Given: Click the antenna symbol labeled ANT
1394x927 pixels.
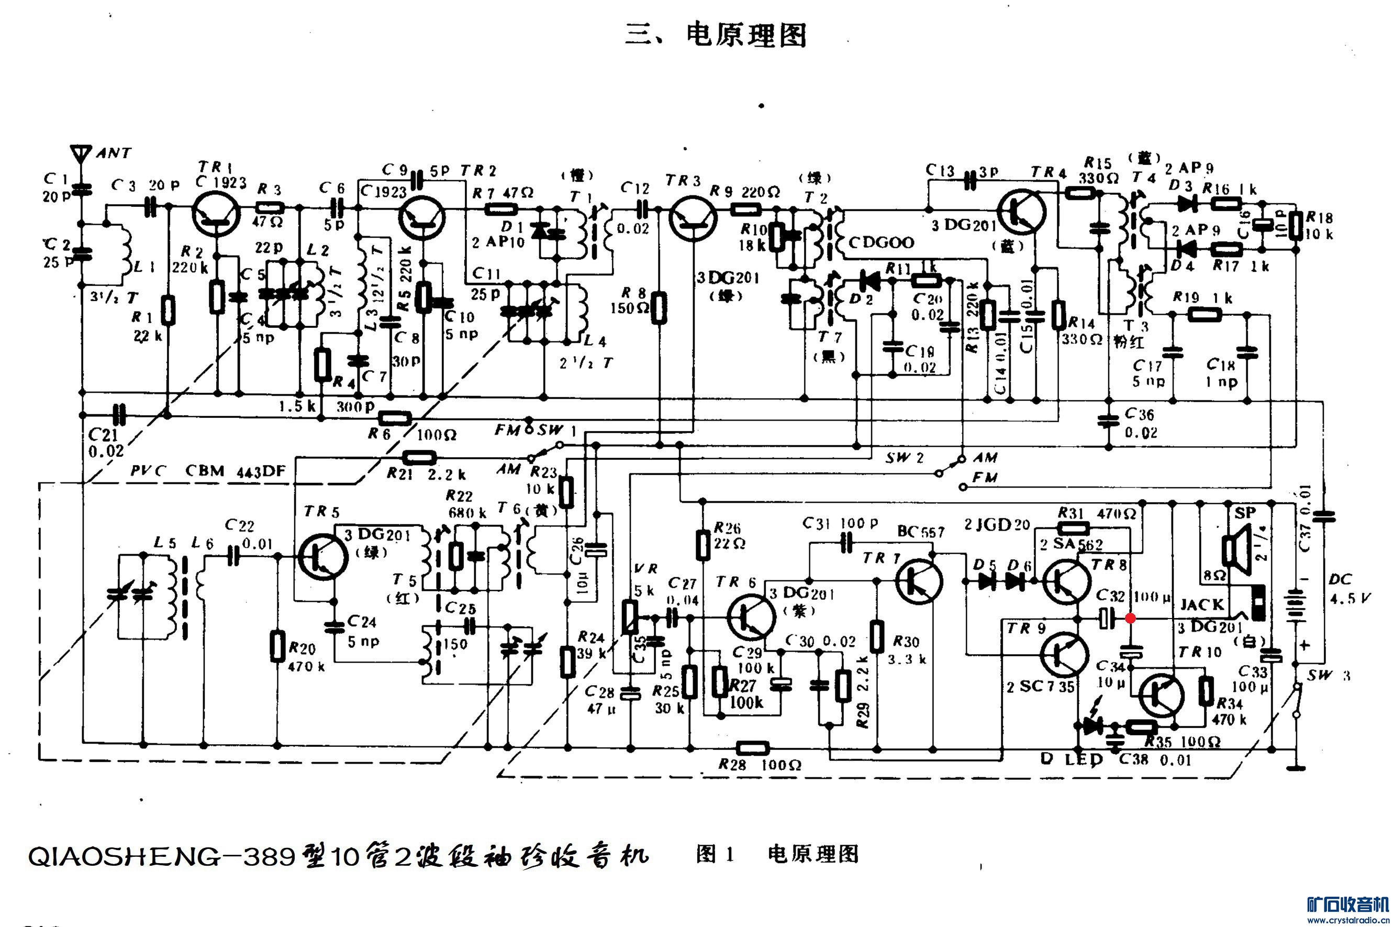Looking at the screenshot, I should pyautogui.click(x=80, y=153).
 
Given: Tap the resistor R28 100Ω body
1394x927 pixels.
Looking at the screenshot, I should pyautogui.click(x=753, y=748).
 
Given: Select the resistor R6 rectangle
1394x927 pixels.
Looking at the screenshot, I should pyautogui.click(x=395, y=419).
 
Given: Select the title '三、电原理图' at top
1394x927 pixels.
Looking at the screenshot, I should pyautogui.click(x=716, y=36).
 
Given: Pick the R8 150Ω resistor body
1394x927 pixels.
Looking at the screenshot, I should pyautogui.click(x=659, y=307).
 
